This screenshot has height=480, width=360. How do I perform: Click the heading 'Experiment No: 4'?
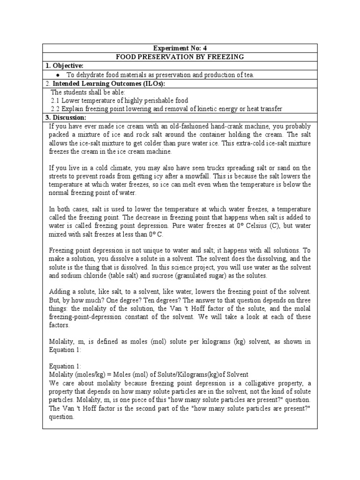(x=180, y=48)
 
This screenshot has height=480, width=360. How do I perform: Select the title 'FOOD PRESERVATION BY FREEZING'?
(x=180, y=57)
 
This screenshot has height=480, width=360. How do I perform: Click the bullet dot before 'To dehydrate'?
(x=57, y=75)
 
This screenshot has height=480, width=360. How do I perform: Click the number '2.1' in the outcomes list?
(x=55, y=100)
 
